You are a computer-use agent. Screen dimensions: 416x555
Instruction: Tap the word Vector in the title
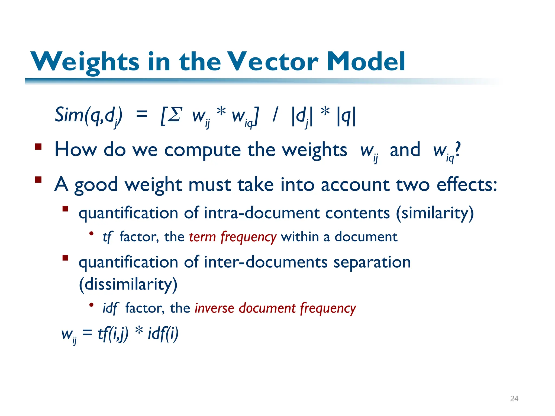pos(272,62)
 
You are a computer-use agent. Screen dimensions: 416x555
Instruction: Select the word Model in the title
pos(366,62)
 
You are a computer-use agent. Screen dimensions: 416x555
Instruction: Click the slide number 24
pos(514,398)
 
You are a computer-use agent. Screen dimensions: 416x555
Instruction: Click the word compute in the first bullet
pos(202,151)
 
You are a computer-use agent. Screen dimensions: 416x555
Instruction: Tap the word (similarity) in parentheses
pos(435,213)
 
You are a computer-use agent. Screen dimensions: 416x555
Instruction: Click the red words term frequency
pos(233,237)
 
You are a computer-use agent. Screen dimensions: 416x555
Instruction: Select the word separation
pos(372,263)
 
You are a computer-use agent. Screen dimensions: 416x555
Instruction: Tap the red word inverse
pos(214,308)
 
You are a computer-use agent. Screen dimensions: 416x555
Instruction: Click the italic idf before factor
pos(110,308)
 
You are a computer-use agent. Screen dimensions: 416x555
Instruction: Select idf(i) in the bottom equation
pos(163,334)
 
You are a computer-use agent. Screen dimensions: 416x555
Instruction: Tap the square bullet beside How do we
pos(38,147)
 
